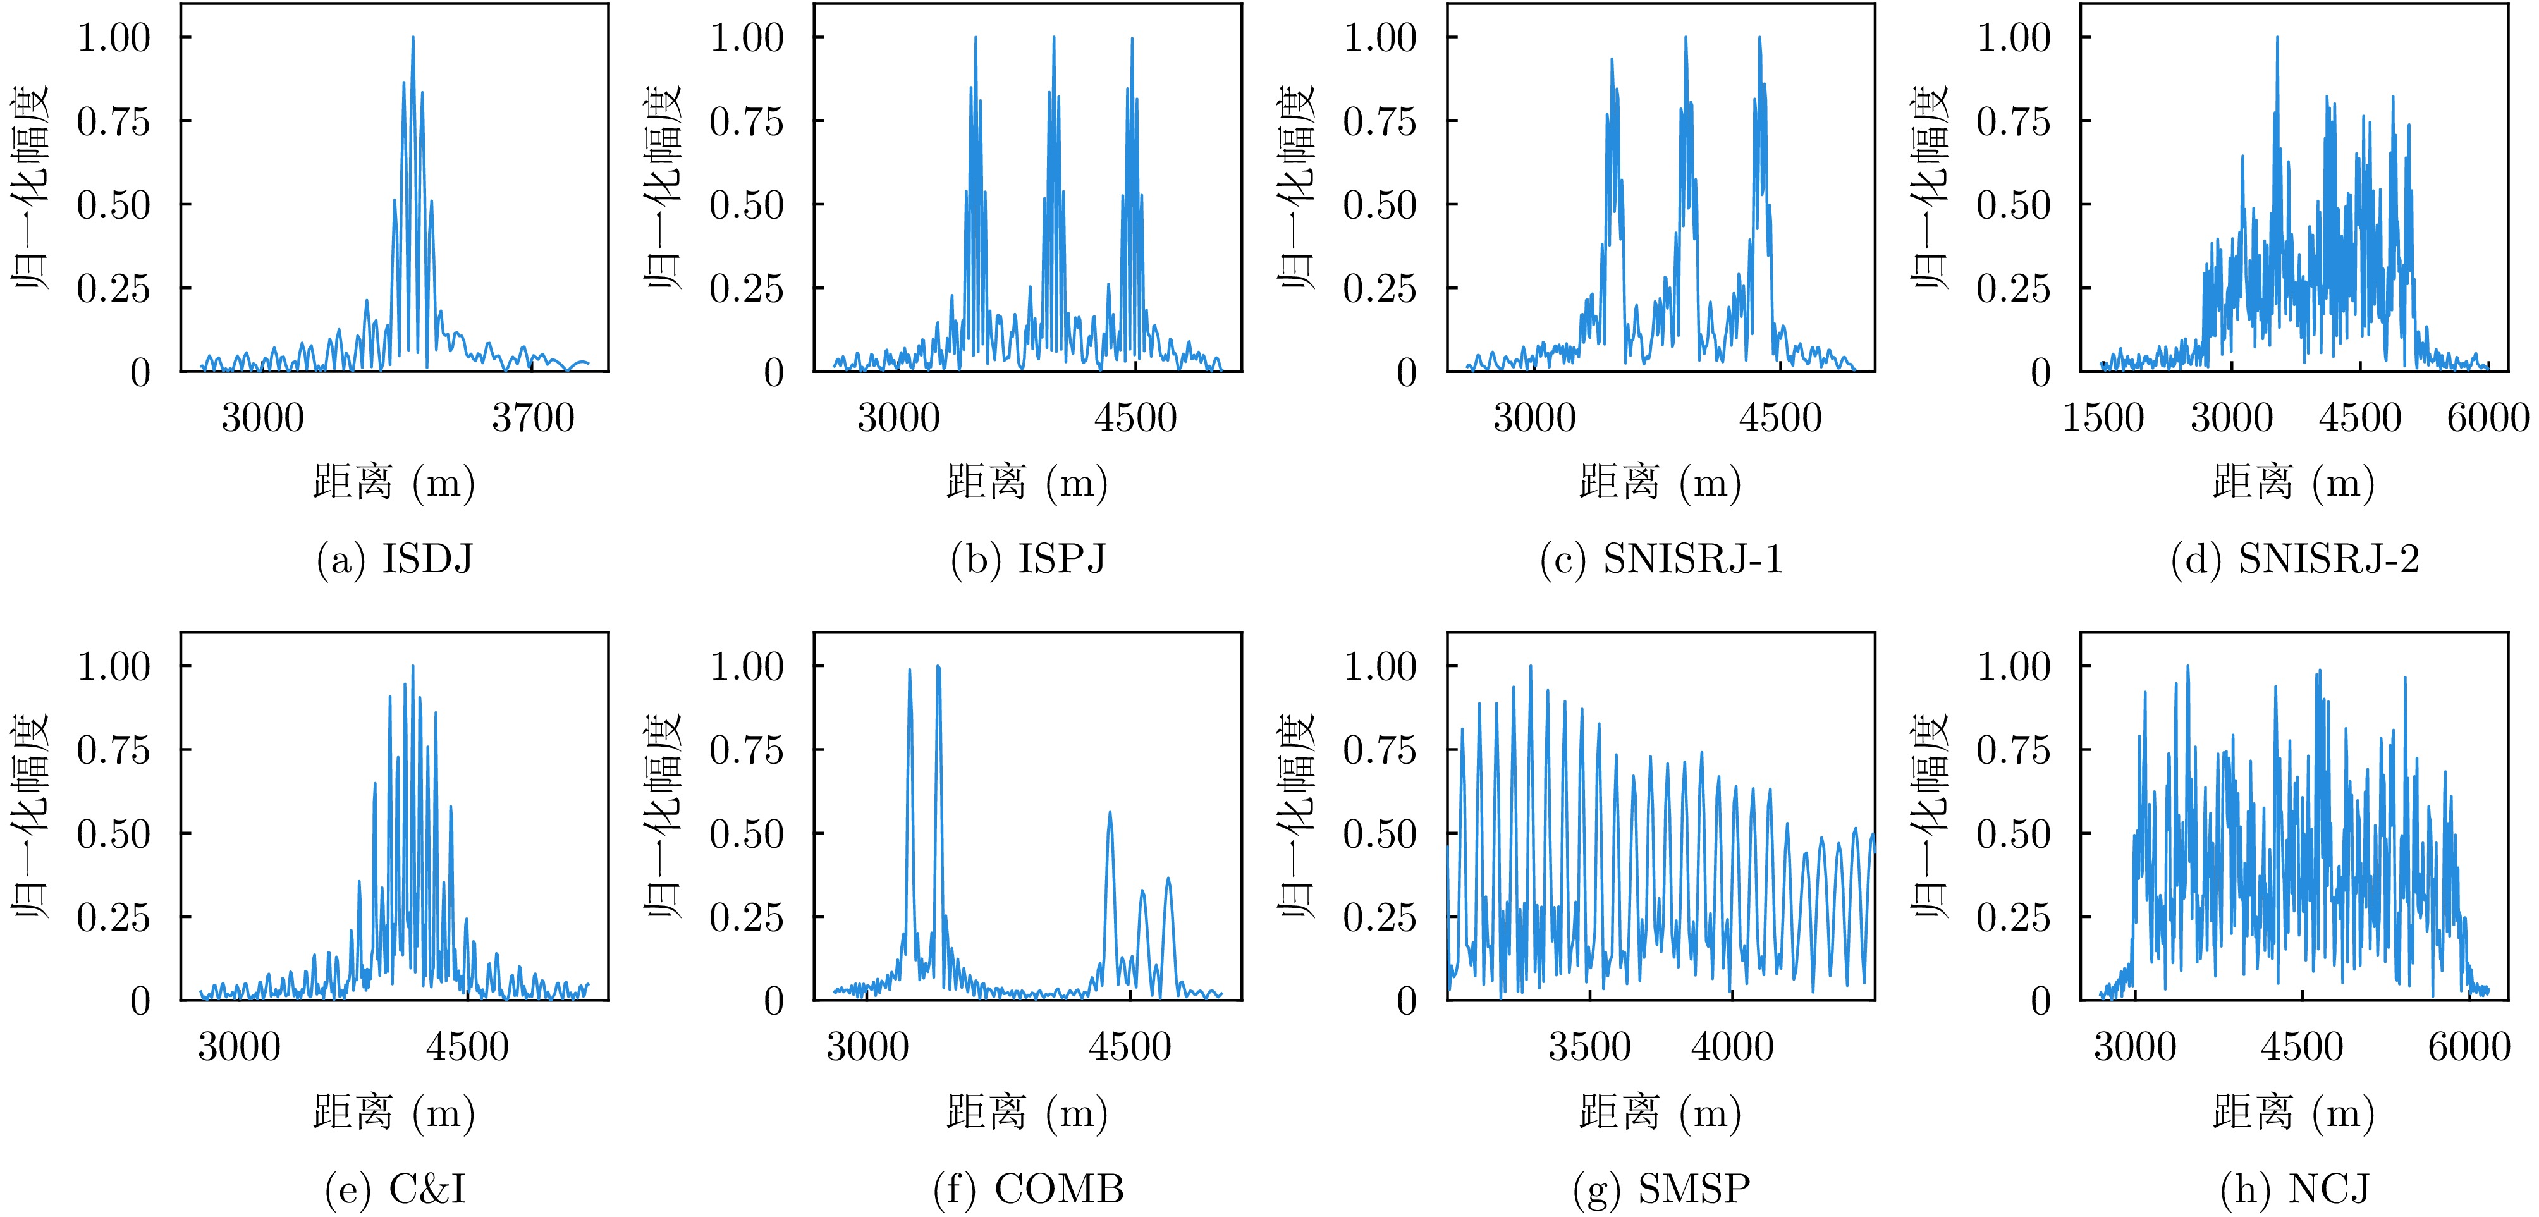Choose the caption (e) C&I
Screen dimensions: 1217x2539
point(395,1189)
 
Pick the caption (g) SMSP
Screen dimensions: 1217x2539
point(1661,1189)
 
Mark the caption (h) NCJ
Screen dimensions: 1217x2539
point(2294,1189)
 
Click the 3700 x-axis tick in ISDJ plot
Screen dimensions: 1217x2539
point(532,419)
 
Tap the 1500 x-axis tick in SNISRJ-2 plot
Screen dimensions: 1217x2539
point(2102,419)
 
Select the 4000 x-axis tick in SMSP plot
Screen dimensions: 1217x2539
point(1732,1046)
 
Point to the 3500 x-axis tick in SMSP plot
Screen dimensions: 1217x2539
point(1589,1046)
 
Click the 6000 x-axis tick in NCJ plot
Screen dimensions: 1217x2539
point(2468,1046)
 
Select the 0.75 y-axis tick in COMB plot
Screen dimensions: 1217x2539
point(747,750)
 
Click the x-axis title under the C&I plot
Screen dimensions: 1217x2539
point(395,1113)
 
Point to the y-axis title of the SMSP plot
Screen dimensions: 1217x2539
point(1297,816)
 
